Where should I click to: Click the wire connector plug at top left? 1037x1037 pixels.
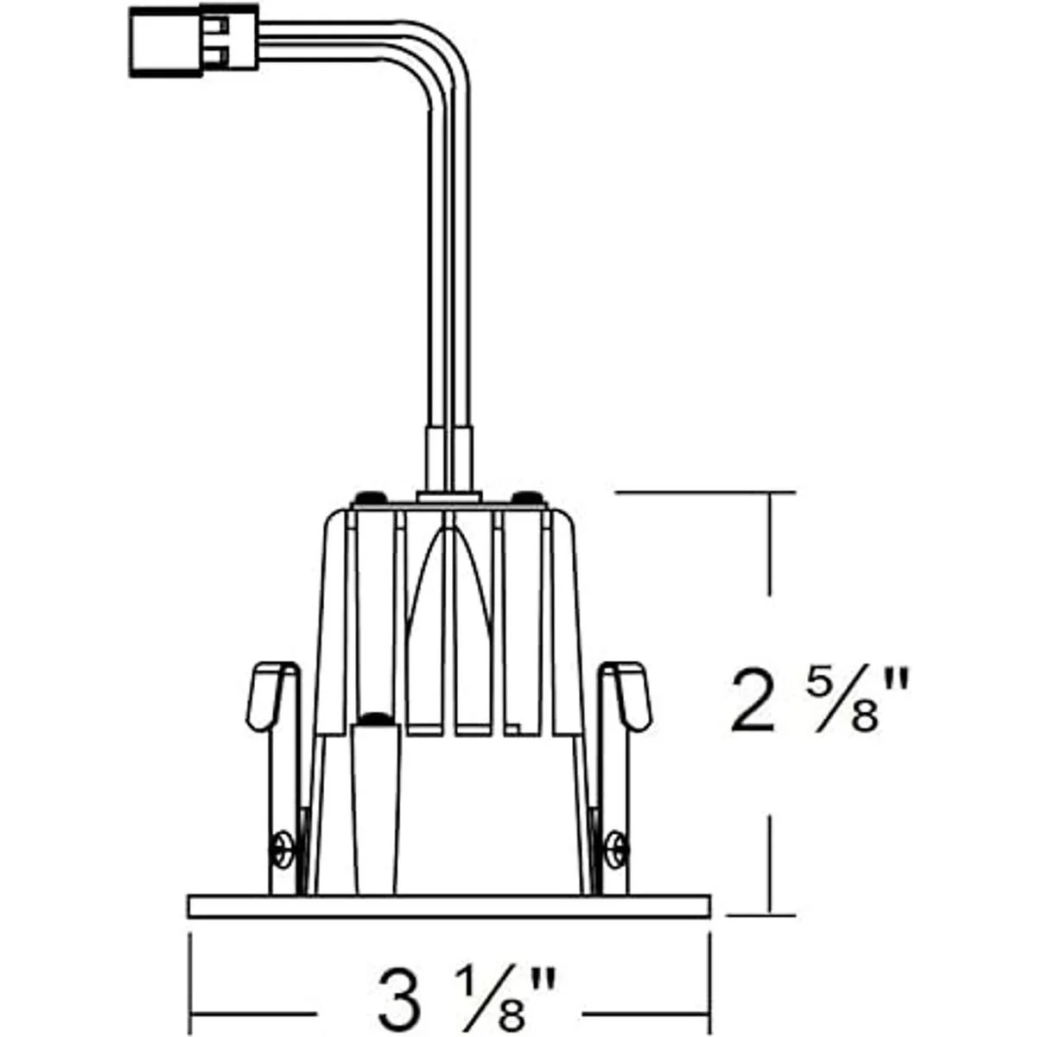point(194,41)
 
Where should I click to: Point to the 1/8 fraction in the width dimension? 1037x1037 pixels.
point(490,985)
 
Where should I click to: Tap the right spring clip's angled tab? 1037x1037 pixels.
point(633,697)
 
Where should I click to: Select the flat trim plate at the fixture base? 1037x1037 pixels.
point(449,907)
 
